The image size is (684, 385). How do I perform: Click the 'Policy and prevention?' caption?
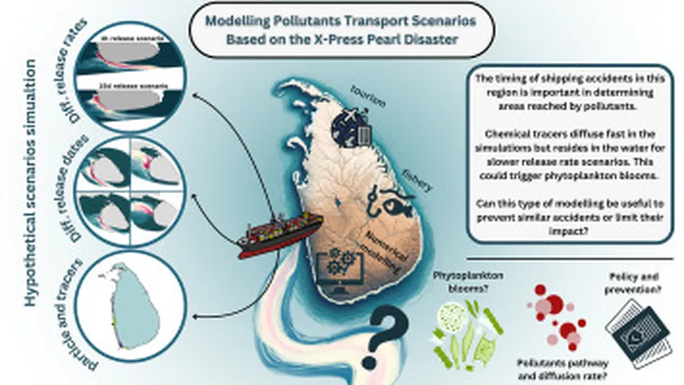point(636,281)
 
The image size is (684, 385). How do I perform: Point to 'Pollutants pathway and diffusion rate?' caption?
point(552,369)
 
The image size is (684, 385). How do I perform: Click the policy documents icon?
point(635,331)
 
